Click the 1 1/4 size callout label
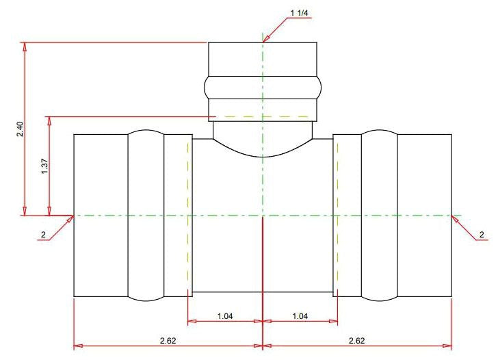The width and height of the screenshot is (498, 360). [x=299, y=13]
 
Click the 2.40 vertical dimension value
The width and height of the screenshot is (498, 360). [x=20, y=129]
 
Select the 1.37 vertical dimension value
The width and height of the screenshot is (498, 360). [x=44, y=166]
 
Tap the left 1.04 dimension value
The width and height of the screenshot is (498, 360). [x=225, y=316]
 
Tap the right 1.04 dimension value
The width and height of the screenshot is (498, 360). [x=300, y=316]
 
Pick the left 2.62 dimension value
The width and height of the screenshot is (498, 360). [x=168, y=341]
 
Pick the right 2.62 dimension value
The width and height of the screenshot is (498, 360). [x=356, y=341]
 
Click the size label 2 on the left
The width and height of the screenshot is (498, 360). [x=43, y=235]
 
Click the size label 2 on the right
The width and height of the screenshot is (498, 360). [x=482, y=235]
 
